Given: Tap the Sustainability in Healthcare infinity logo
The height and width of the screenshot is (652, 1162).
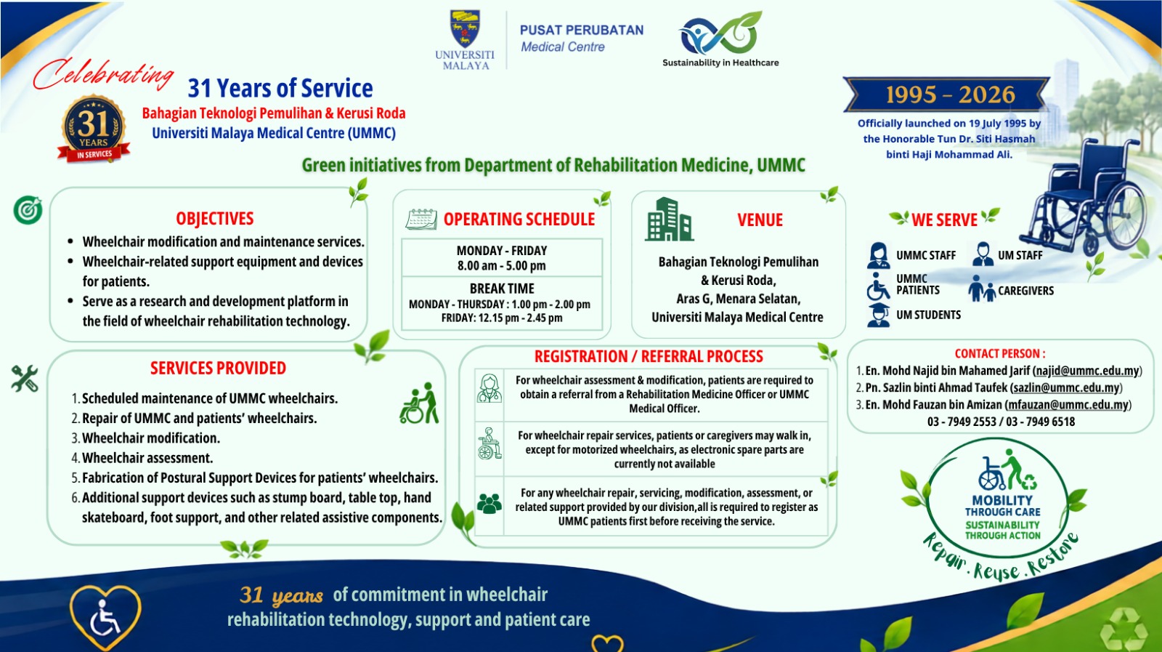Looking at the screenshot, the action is [x=720, y=33].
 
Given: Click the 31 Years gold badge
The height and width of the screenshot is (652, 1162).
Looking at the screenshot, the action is [x=94, y=128].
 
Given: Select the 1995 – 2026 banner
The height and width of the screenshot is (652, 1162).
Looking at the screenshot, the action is [x=947, y=94].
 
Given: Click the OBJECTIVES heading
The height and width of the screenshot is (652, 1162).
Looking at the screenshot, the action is [x=215, y=219].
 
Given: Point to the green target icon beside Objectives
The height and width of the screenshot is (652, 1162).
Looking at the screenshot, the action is [x=28, y=210].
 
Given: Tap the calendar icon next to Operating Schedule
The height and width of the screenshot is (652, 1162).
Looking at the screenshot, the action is [x=421, y=219].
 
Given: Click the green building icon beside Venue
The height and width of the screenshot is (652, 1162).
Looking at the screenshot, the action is [x=669, y=219].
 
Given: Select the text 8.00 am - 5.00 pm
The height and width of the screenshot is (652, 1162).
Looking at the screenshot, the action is [x=502, y=266].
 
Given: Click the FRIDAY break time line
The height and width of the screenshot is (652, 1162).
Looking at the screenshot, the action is [x=502, y=318].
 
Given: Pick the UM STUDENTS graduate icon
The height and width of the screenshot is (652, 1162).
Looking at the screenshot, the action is [x=878, y=315].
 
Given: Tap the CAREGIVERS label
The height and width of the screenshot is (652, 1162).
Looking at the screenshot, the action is [x=1025, y=291].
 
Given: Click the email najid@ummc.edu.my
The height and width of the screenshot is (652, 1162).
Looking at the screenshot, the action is [x=1086, y=371].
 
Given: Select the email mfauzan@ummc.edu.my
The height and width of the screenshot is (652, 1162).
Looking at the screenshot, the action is [x=1068, y=405].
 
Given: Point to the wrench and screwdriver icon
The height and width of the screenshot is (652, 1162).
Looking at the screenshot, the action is [x=25, y=378].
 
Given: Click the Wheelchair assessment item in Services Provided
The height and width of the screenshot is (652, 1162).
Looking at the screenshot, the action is [x=147, y=458].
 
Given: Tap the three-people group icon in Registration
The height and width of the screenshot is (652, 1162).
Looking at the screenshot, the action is [x=489, y=503].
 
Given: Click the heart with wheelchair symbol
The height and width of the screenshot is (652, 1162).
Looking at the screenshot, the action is [x=105, y=616].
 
